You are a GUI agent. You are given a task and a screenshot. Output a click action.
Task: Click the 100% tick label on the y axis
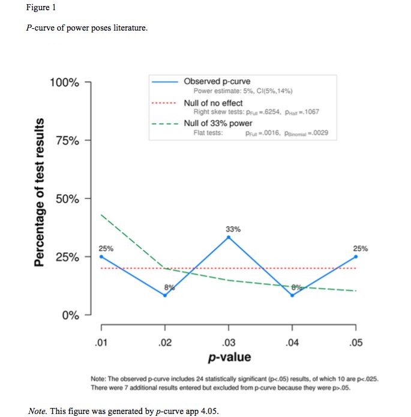[64, 82]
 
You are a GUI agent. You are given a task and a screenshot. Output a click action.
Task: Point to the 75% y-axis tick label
[67, 140]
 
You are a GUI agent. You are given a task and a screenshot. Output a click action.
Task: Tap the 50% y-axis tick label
[67, 199]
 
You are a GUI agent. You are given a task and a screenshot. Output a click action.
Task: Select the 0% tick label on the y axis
[71, 315]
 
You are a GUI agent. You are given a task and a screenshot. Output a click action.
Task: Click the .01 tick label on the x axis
[101, 343]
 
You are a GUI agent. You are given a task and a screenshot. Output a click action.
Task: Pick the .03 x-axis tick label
[229, 343]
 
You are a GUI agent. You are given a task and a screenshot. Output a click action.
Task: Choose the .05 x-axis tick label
[356, 343]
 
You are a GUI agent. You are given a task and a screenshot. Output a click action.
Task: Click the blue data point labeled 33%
[229, 238]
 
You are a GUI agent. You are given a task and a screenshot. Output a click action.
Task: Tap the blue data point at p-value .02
[165, 295]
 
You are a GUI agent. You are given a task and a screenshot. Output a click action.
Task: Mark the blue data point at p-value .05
[356, 256]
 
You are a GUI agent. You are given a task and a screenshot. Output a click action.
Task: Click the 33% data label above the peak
[233, 229]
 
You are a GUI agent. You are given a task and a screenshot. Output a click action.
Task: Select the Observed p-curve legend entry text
[217, 81]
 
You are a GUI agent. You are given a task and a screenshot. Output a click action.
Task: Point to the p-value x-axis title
[229, 358]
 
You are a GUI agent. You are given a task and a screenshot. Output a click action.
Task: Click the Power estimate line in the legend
[242, 91]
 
